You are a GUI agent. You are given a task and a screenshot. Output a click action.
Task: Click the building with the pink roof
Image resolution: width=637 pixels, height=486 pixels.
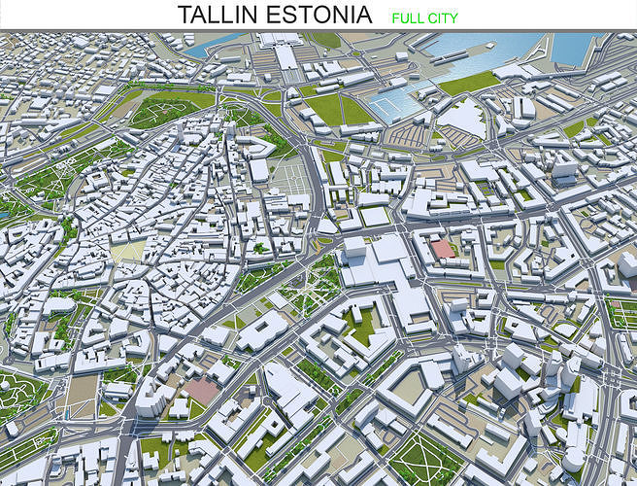[x=443, y=249]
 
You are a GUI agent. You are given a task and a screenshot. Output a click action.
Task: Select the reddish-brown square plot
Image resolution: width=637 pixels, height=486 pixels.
[x=202, y=390]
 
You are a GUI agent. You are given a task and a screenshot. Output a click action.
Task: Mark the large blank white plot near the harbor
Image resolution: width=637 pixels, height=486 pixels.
[x=463, y=118]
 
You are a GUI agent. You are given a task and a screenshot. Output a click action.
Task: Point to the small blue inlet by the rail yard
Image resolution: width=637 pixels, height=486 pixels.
[x=214, y=44]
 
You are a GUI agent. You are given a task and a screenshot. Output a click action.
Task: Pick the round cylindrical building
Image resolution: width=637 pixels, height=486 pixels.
[x=573, y=458]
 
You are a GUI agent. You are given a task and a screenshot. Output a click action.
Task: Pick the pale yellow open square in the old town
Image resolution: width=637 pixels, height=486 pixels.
[x=127, y=251]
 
